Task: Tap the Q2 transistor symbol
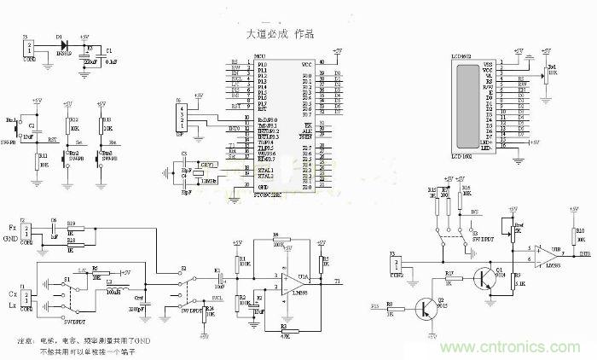426,308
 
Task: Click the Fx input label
11,228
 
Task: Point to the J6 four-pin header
180,116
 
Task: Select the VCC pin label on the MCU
306,63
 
